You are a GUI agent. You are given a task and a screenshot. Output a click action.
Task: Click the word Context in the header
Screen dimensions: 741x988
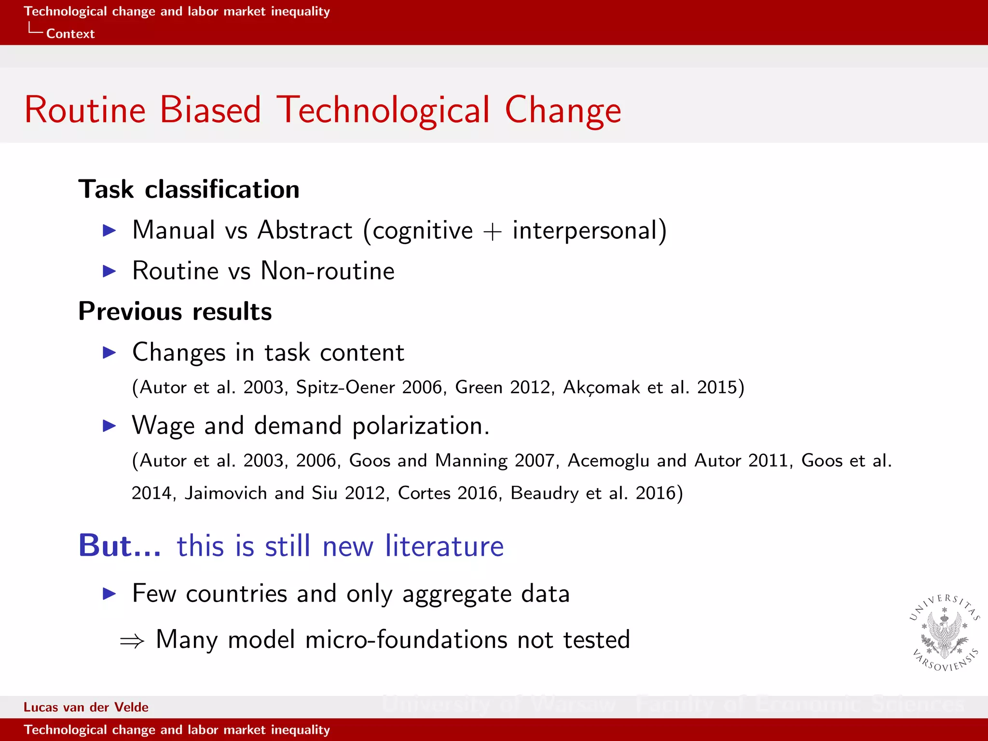70,34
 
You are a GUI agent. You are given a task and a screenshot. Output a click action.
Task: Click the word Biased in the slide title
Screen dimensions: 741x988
210,110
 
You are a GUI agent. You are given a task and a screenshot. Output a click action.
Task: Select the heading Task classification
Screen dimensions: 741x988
189,189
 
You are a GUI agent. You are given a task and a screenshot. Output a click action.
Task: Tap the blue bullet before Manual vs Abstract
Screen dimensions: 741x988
110,231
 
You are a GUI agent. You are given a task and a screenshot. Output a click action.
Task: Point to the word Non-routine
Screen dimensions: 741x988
327,271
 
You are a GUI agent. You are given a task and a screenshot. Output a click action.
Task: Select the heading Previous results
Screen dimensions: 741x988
175,312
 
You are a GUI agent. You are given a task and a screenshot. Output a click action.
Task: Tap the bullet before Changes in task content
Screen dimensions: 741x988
110,353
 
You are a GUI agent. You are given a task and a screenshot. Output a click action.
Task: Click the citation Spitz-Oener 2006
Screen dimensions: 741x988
369,387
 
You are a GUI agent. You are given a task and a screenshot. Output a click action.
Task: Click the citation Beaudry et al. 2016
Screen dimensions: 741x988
596,493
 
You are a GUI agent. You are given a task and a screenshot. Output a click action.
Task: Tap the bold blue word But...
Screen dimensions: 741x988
119,546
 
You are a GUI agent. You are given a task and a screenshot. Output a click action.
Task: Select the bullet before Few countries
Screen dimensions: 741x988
110,594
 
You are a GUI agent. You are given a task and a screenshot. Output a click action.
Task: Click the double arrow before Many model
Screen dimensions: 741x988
132,641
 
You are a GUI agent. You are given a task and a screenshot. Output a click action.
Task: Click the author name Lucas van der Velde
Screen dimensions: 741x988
86,707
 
